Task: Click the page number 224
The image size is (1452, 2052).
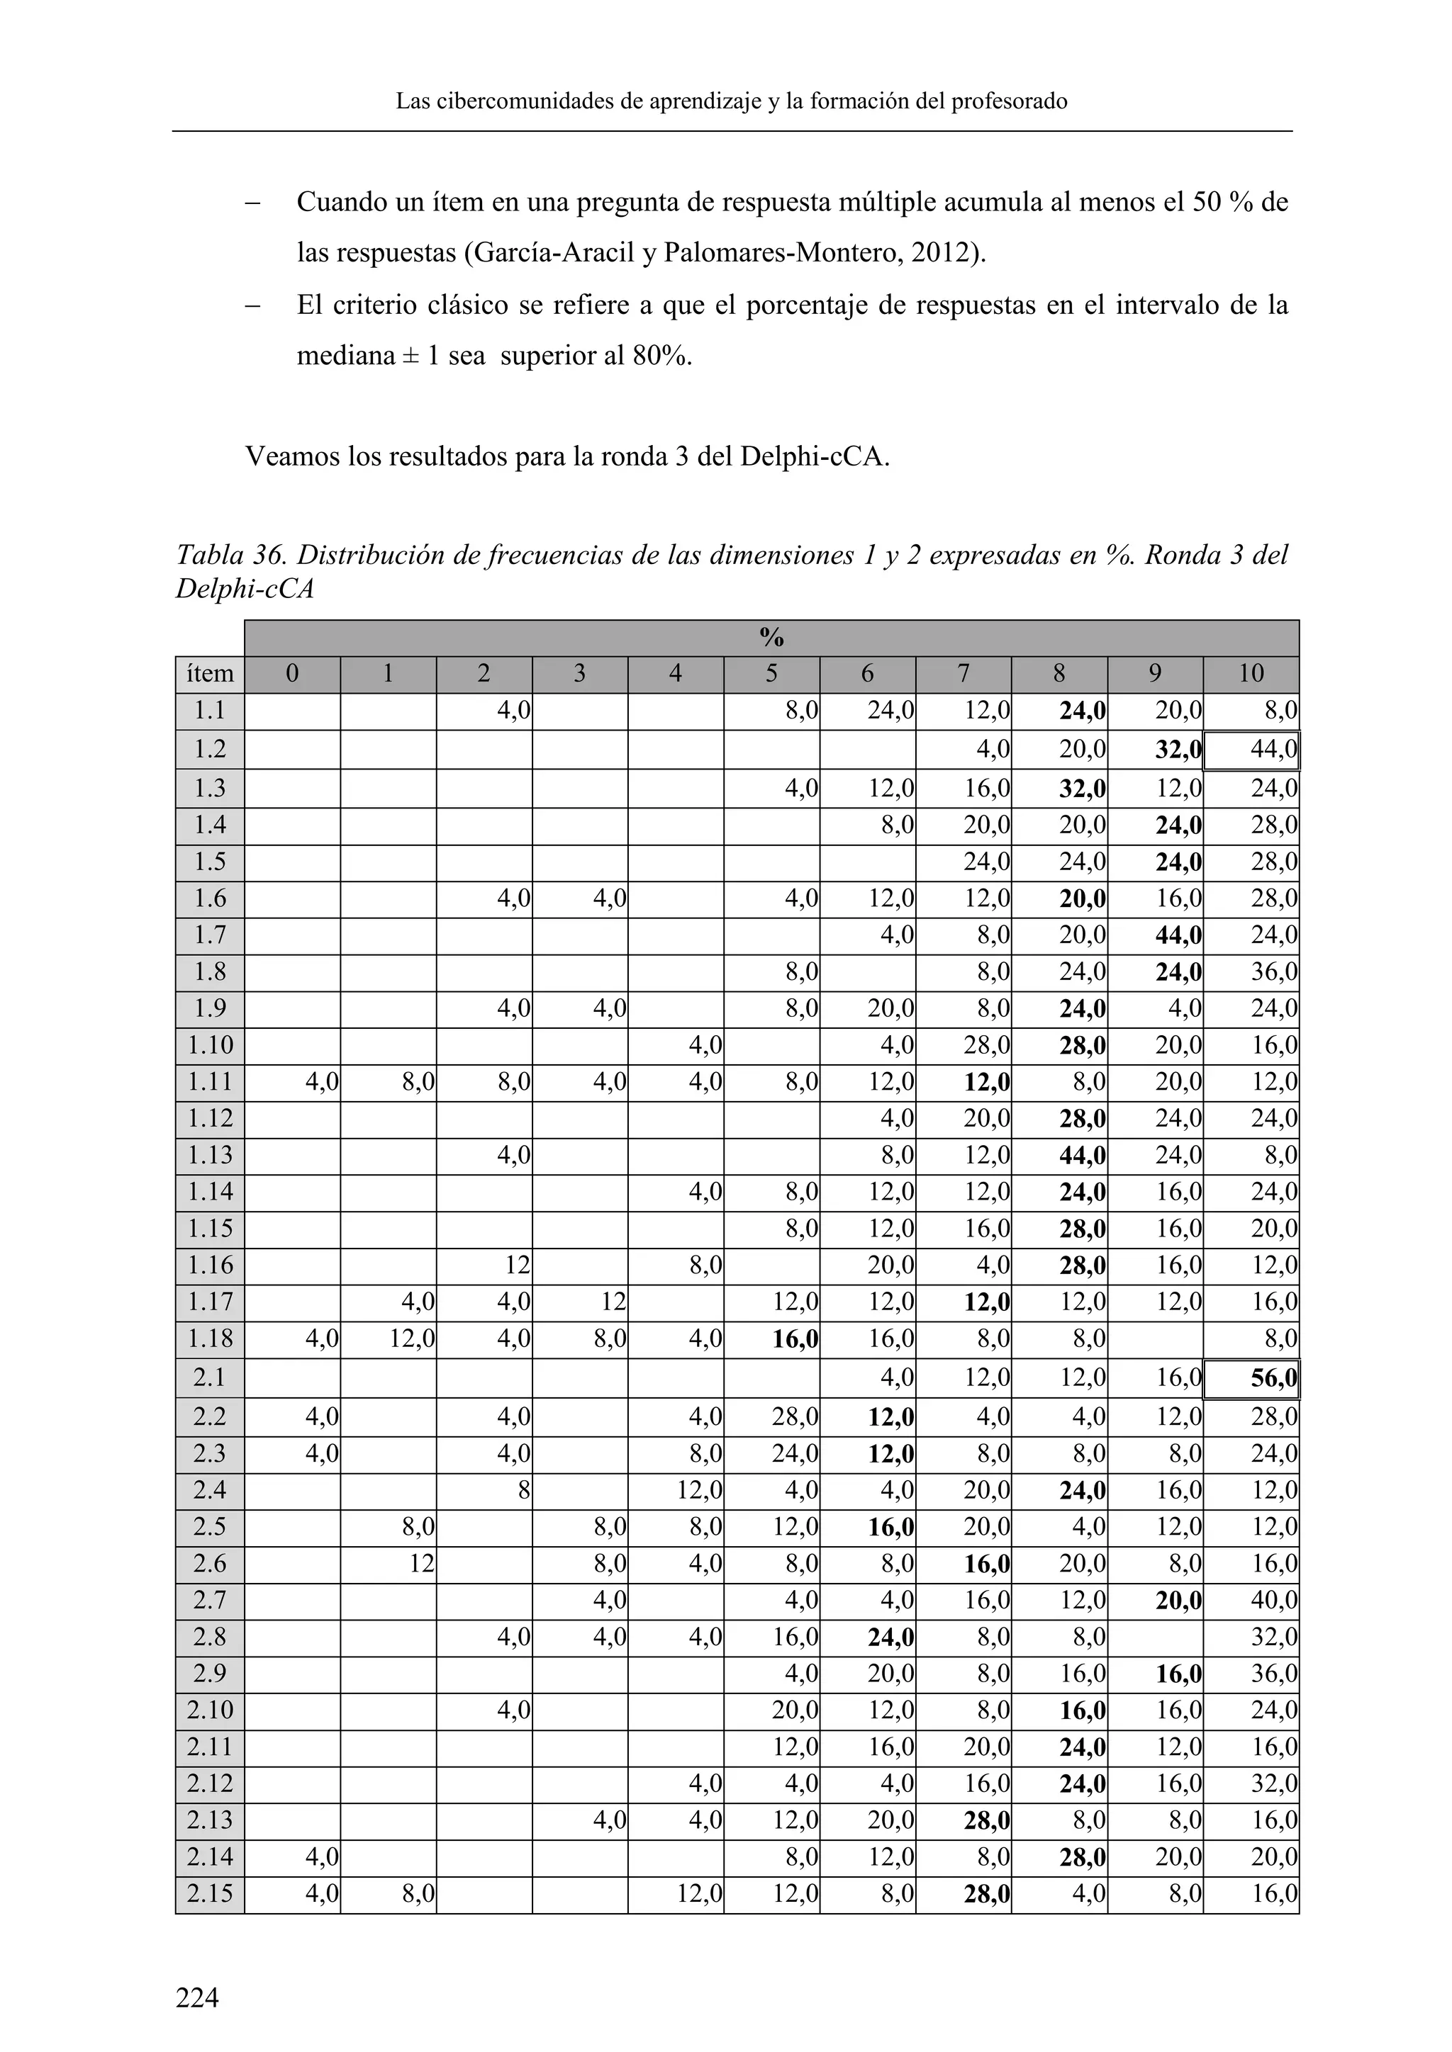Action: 196,1997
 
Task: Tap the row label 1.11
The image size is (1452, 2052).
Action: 210,1081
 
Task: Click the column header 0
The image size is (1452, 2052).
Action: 292,673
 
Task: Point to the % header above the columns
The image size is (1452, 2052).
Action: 771,637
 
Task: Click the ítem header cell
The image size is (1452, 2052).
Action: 210,673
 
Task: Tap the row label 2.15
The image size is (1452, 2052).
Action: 210,1893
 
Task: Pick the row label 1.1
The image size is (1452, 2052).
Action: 210,711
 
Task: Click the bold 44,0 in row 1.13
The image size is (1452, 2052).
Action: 1082,1156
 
